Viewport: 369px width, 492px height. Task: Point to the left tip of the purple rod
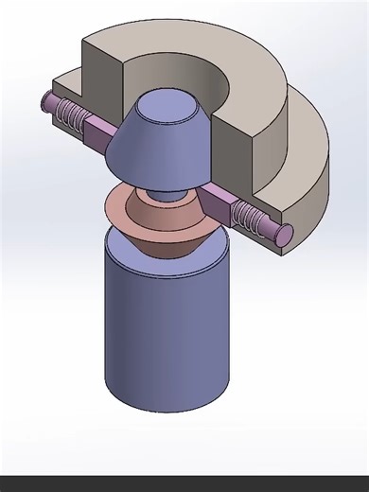pos(44,98)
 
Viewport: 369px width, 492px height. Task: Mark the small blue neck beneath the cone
pos(170,193)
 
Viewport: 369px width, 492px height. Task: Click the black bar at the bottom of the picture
pos(184,483)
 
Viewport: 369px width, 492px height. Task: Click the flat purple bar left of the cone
pos(100,129)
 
